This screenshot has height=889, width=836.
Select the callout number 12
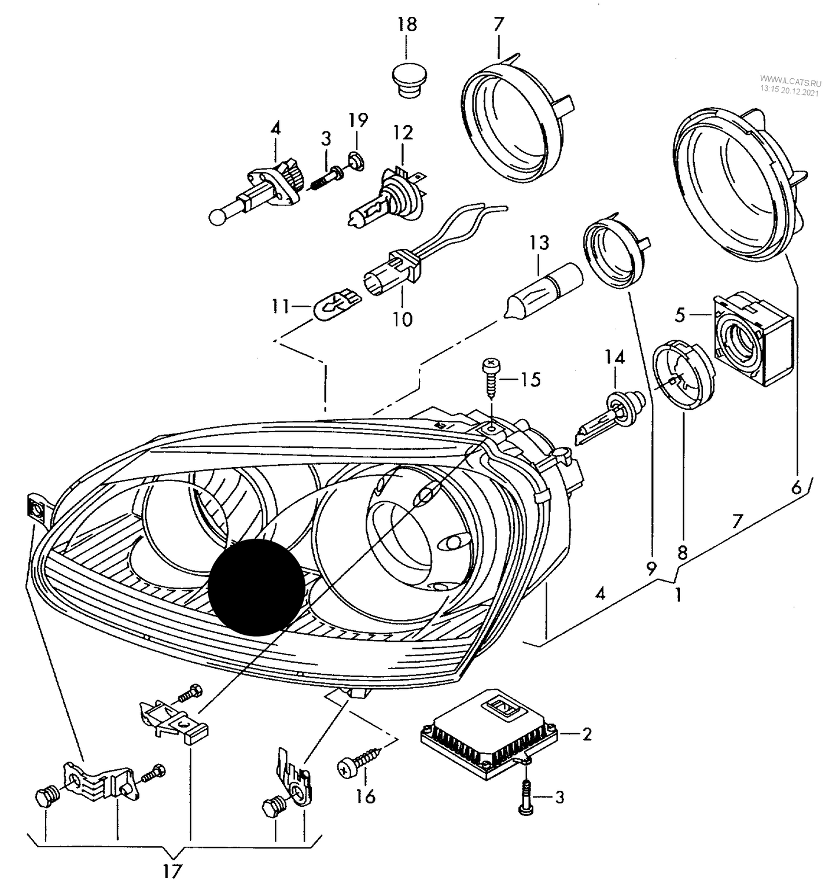point(403,133)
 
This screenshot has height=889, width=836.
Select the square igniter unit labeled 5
point(752,338)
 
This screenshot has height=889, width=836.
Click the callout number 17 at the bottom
point(171,870)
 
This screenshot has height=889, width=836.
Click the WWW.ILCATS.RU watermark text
point(790,82)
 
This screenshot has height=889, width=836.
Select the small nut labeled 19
point(356,159)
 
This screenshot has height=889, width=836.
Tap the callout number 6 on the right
point(796,487)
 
